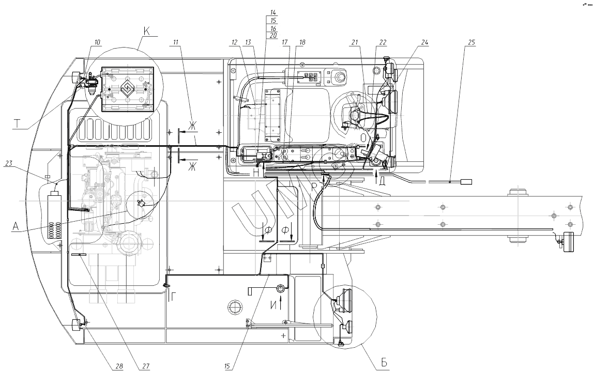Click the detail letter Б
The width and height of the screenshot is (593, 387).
click(x=383, y=363)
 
